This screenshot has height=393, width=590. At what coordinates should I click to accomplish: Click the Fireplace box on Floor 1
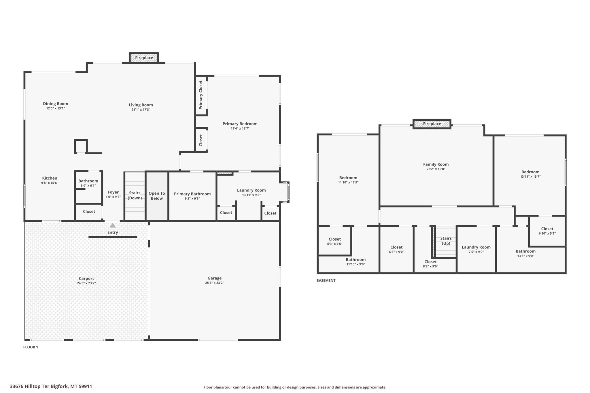[144, 58]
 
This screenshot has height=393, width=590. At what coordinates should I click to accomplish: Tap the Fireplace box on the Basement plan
[432, 124]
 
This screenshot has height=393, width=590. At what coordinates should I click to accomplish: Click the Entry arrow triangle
[113, 225]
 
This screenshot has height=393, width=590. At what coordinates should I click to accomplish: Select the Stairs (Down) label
[135, 195]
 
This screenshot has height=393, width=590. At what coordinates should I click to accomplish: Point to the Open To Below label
[157, 196]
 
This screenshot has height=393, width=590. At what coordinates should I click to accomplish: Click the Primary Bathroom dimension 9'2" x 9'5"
[192, 198]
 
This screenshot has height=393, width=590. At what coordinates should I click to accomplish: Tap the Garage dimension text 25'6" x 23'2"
[214, 283]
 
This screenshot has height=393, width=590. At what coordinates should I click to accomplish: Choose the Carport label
[86, 278]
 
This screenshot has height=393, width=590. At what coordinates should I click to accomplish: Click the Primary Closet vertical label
[201, 95]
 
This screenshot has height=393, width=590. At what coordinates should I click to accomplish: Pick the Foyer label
[113, 192]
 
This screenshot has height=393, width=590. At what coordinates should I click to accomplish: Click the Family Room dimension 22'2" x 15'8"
[436, 169]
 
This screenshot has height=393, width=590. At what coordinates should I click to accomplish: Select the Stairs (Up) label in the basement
[446, 241]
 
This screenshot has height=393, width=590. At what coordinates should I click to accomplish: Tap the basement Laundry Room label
[476, 247]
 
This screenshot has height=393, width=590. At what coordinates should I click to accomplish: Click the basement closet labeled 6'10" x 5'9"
[547, 231]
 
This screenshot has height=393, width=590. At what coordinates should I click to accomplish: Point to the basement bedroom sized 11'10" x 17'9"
[348, 180]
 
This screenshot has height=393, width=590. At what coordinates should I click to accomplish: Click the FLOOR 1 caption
[31, 347]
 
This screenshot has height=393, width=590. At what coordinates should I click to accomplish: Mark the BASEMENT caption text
[326, 280]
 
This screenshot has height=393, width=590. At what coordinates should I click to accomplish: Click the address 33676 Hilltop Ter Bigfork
[51, 386]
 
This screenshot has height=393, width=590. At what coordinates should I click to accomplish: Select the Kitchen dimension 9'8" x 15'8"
[50, 183]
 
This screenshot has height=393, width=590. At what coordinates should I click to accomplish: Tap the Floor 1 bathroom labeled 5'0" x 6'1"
[88, 183]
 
